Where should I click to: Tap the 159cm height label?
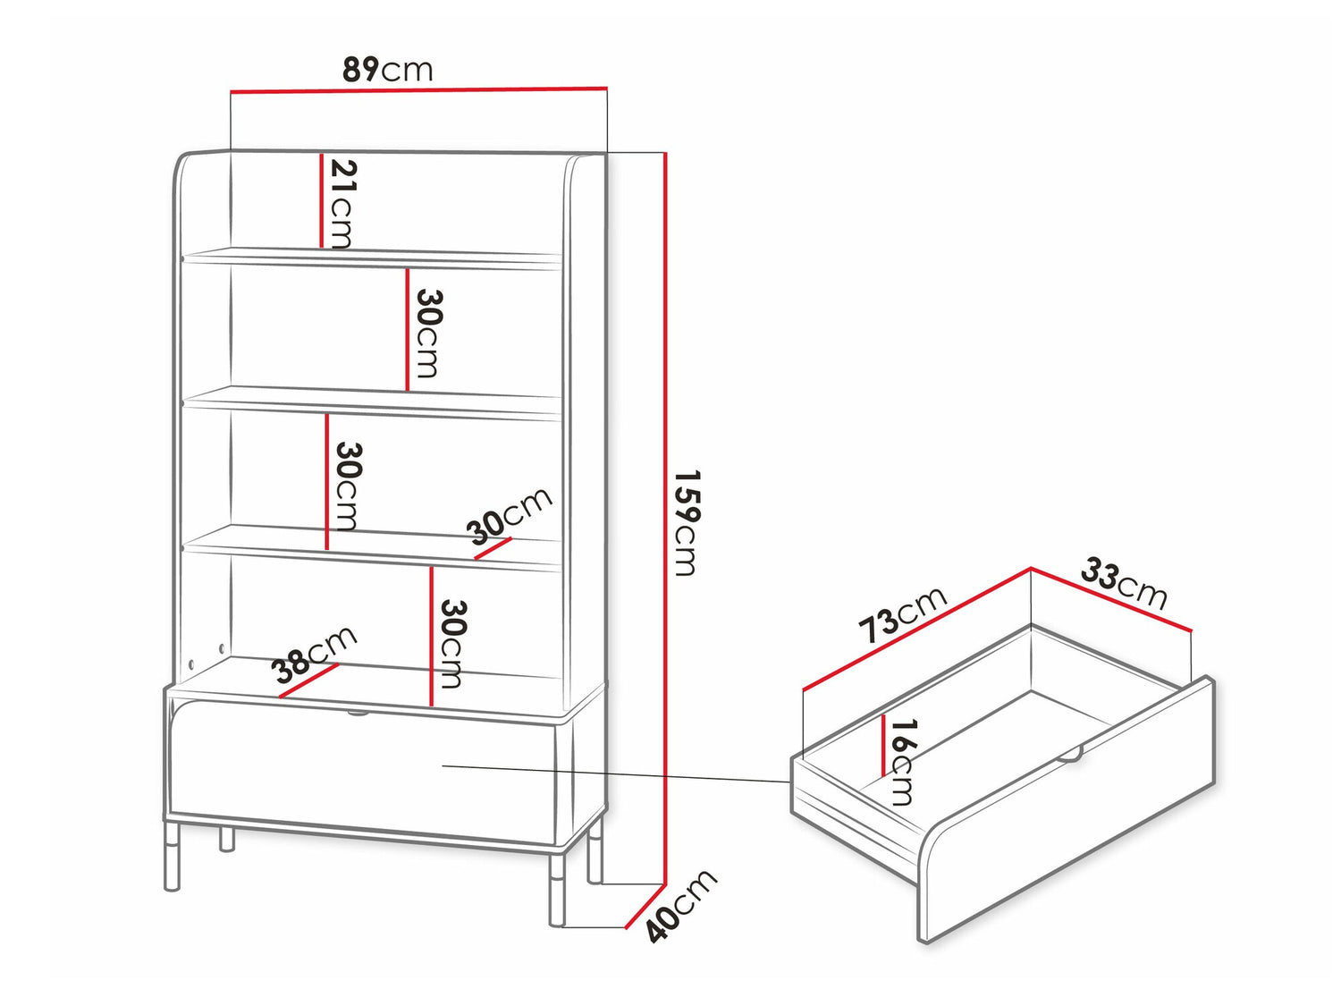(x=686, y=523)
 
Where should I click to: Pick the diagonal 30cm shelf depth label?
(x=509, y=516)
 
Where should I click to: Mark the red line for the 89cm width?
(x=419, y=90)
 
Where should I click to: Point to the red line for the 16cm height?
(x=883, y=746)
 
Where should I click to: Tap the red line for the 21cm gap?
(x=321, y=200)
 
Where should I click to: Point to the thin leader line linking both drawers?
(x=617, y=774)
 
